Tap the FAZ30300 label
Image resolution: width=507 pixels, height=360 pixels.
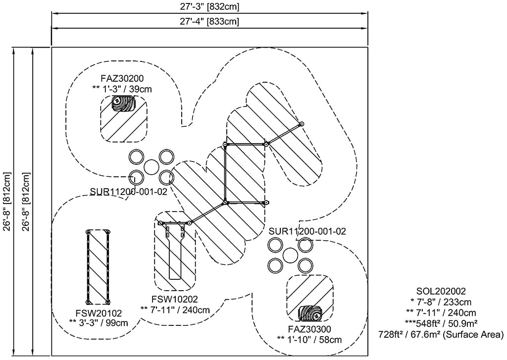pos(309,329)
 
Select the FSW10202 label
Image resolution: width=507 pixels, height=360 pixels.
pos(175,299)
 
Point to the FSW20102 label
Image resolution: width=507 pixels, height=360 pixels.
pos(99,312)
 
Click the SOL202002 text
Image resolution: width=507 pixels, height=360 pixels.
pos(441,291)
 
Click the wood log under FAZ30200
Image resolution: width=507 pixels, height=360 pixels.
pos(123,103)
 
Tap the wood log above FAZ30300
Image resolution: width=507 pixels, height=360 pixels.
pos(310,313)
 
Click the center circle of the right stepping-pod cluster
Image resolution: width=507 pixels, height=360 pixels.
pos(289,255)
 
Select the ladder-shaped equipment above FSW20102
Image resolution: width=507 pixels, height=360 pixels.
pos(98,266)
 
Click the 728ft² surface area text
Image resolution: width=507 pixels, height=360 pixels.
pos(441,335)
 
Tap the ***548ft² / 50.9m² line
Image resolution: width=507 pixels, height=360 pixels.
pos(441,324)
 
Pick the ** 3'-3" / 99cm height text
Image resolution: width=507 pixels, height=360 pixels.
pos(99,323)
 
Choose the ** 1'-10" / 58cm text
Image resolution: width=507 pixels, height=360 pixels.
pos(309,340)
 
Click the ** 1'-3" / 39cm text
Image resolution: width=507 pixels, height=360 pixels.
pos(122,89)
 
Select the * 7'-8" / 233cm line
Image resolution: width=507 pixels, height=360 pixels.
pos(441,302)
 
